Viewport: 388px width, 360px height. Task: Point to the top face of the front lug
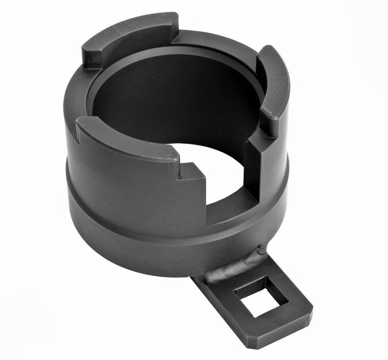(127, 139)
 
